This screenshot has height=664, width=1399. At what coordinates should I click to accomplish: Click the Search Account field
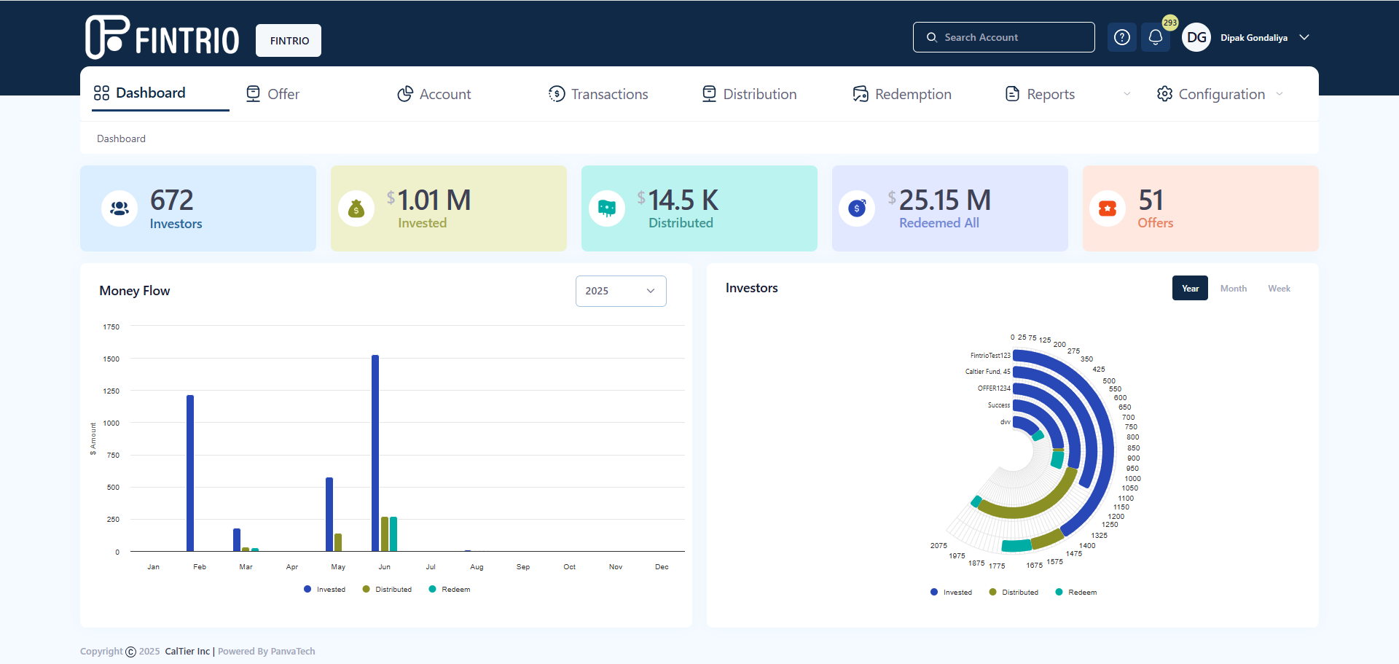(1003, 37)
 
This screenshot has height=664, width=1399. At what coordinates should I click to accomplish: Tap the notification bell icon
(1156, 37)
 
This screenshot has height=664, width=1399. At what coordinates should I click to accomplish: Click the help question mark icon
(1122, 37)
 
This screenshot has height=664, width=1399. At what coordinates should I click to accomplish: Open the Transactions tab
(598, 94)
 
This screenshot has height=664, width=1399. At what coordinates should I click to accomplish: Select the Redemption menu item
(902, 94)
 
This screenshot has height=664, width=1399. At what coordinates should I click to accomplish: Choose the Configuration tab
(1220, 94)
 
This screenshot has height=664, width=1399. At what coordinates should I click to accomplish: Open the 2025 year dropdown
(621, 291)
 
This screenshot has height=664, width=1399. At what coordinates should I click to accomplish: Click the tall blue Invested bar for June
(375, 453)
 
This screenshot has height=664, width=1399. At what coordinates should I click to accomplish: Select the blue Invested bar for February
(190, 473)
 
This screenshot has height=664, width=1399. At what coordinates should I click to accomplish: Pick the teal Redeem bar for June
(393, 534)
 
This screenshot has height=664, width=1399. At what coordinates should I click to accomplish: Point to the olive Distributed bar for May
(338, 542)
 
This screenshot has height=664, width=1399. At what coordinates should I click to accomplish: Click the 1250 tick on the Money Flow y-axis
(111, 391)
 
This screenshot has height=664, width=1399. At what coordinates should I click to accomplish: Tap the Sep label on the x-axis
(523, 567)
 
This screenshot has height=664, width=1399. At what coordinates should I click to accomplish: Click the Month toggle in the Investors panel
(1234, 289)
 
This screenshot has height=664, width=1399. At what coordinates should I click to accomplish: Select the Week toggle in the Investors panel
(1279, 289)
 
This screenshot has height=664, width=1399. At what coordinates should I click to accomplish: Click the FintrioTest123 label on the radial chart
(990, 356)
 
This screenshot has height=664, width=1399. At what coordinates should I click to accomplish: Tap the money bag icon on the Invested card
(356, 209)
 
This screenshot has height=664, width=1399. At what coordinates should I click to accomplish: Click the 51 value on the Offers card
(1151, 200)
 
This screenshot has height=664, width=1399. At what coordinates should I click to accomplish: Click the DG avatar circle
(1196, 37)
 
